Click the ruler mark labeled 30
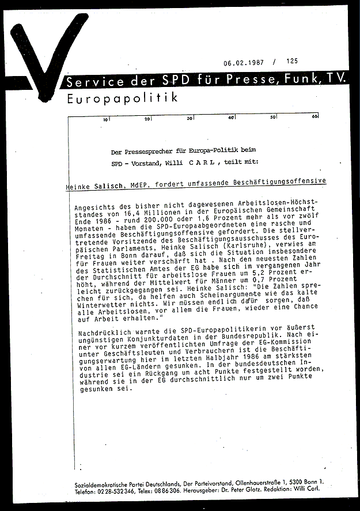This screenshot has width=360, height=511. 190,119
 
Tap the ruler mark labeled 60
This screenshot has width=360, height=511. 315,118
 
